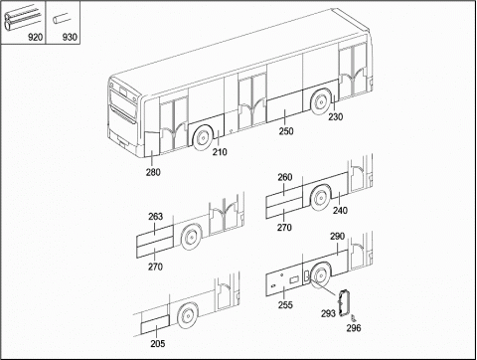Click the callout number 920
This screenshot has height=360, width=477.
tap(36, 37)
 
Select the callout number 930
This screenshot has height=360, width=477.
tap(70, 37)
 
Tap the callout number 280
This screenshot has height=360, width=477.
tap(153, 172)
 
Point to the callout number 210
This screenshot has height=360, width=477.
tap(220, 152)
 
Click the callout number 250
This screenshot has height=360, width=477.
tap(286, 131)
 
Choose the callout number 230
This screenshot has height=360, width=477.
tap(336, 116)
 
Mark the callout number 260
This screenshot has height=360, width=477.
tap(285, 177)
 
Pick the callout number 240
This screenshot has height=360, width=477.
tap(340, 210)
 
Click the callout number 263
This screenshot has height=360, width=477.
tap(155, 217)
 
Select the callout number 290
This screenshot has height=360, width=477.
tap(337, 237)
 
